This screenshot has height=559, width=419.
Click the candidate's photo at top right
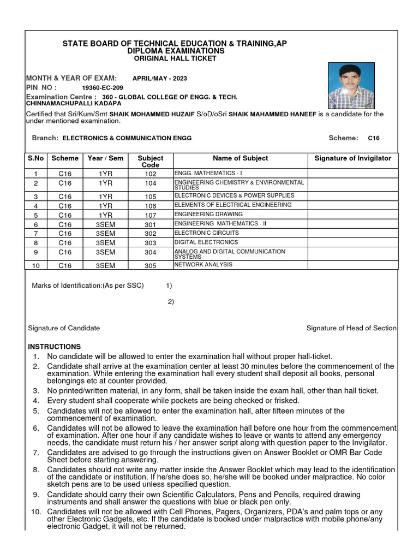(351, 86)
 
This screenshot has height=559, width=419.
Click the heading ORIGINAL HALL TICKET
(175, 58)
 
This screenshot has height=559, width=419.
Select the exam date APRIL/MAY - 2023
(160, 79)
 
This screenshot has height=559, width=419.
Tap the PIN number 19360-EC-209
(102, 88)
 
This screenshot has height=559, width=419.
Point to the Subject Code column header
(151, 161)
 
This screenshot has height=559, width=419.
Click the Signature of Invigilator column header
(353, 158)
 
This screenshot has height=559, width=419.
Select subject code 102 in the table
(151, 174)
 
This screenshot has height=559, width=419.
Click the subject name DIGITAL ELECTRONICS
(206, 242)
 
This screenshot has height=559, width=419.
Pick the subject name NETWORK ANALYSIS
(203, 265)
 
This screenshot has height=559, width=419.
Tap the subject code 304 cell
(151, 253)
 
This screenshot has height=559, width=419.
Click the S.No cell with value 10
(36, 266)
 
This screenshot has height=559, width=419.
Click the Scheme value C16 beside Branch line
(374, 139)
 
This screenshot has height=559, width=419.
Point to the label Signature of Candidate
(64, 328)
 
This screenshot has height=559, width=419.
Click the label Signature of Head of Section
(351, 328)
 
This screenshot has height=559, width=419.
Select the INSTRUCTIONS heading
(54, 347)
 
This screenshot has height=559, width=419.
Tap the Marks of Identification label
(88, 286)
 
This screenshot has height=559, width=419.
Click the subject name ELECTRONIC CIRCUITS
(206, 233)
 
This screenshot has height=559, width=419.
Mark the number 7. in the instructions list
(35, 453)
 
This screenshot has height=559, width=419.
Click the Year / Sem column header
(105, 158)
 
